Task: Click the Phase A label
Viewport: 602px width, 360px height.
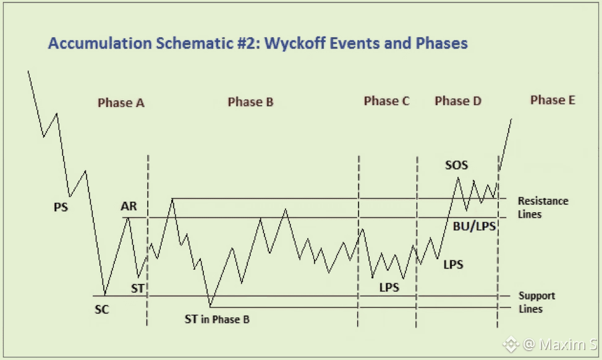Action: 121,103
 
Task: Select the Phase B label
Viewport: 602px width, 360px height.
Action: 250,101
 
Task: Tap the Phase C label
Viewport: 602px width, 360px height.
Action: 386,101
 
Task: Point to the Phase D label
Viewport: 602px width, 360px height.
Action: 458,101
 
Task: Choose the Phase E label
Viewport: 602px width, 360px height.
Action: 553,100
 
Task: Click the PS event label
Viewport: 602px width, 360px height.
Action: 61,207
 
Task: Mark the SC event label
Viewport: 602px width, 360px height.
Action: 102,309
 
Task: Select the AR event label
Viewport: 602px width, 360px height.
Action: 129,207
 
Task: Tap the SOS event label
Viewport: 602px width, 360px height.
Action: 457,165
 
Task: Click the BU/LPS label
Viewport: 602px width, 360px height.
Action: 475,226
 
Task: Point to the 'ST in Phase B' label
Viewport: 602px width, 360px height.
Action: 217,320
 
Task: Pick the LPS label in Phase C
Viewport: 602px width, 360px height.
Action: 389,288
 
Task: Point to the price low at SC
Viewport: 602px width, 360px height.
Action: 105,295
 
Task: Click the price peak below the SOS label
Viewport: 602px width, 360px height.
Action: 458,178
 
